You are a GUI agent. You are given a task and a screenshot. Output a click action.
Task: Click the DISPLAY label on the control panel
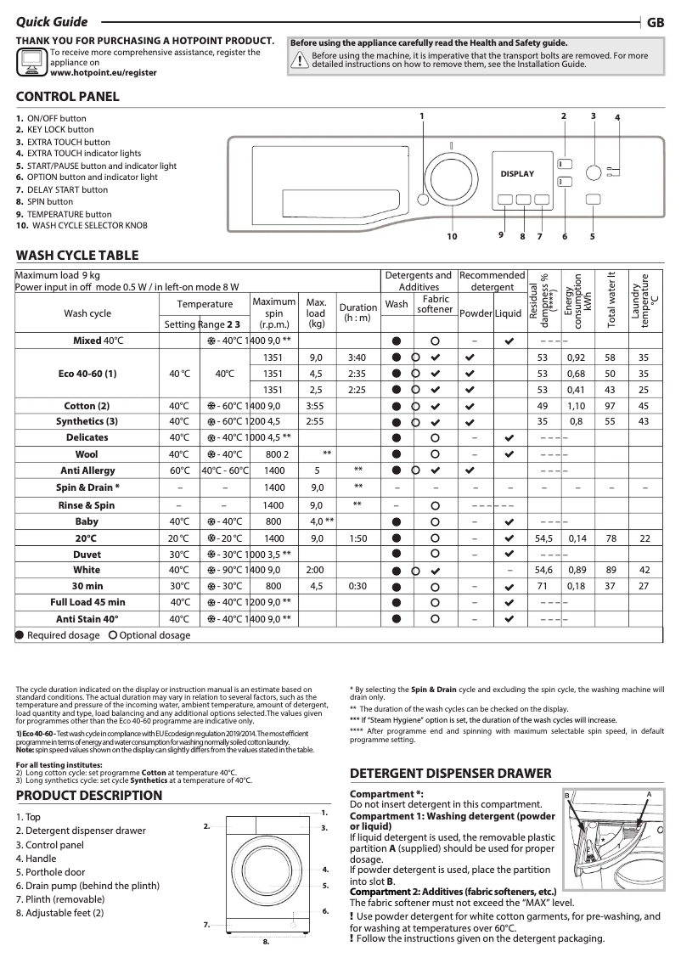[x=517, y=174]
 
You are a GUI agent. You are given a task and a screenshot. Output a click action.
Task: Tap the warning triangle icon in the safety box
[x=299, y=59]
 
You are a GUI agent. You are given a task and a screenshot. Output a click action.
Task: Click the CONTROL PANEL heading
[x=68, y=97]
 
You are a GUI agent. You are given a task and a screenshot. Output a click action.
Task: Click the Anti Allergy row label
[x=88, y=470]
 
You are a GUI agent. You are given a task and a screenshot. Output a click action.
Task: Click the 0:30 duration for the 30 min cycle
[x=357, y=586]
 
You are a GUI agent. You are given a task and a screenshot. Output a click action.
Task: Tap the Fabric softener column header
[x=436, y=304]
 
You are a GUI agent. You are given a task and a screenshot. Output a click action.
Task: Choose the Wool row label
[x=87, y=454]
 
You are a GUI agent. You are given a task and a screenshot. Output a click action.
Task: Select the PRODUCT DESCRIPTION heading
[x=89, y=796]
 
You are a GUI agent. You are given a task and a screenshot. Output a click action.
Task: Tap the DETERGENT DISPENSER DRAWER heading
[x=451, y=774]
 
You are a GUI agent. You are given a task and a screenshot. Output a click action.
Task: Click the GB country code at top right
[x=656, y=24]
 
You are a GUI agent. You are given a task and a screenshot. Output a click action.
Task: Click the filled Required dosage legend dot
[x=20, y=635]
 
